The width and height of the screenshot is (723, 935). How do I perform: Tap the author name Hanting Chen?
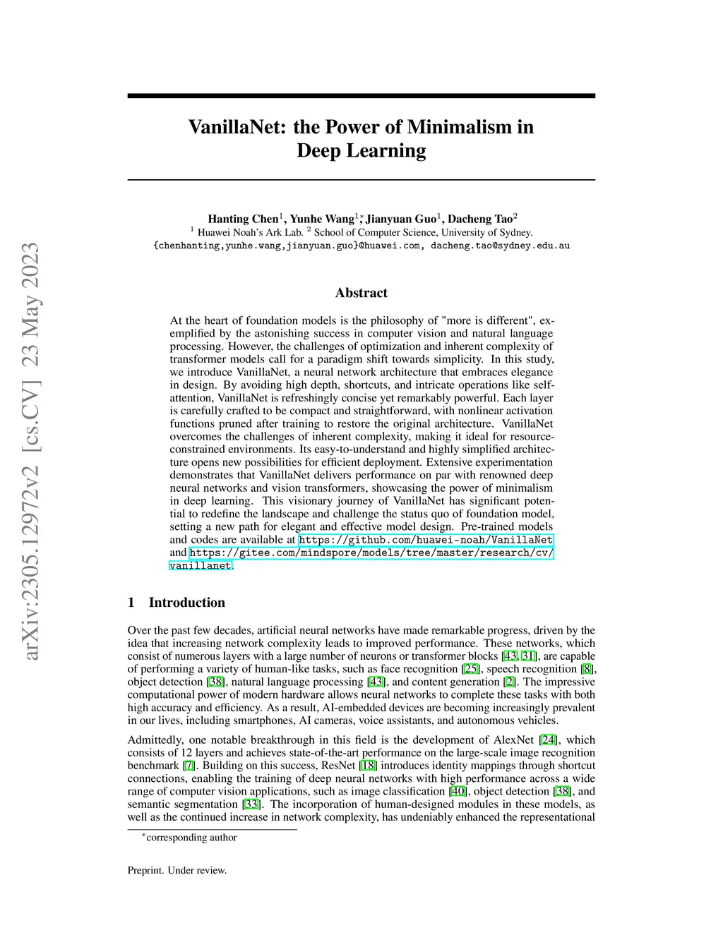[243, 219]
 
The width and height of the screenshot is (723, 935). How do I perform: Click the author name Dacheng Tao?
[480, 219]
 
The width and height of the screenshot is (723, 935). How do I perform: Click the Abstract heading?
[361, 293]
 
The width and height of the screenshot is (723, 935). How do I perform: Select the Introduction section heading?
[186, 603]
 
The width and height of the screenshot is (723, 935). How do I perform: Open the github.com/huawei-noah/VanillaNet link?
[426, 540]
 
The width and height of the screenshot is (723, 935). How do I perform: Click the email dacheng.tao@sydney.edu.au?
[500, 246]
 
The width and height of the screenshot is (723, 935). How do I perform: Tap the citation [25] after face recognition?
[471, 669]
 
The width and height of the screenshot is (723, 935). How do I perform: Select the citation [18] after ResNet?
[368, 766]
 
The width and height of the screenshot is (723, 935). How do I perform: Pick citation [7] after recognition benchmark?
[189, 766]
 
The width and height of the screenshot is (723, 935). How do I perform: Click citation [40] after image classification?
[458, 792]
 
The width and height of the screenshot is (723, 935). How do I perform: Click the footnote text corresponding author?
[191, 838]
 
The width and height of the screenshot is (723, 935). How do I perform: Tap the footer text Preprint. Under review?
[177, 870]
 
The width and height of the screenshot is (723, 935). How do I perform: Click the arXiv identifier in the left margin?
[31, 452]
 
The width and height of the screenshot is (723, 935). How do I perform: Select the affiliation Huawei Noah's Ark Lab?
[250, 232]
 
